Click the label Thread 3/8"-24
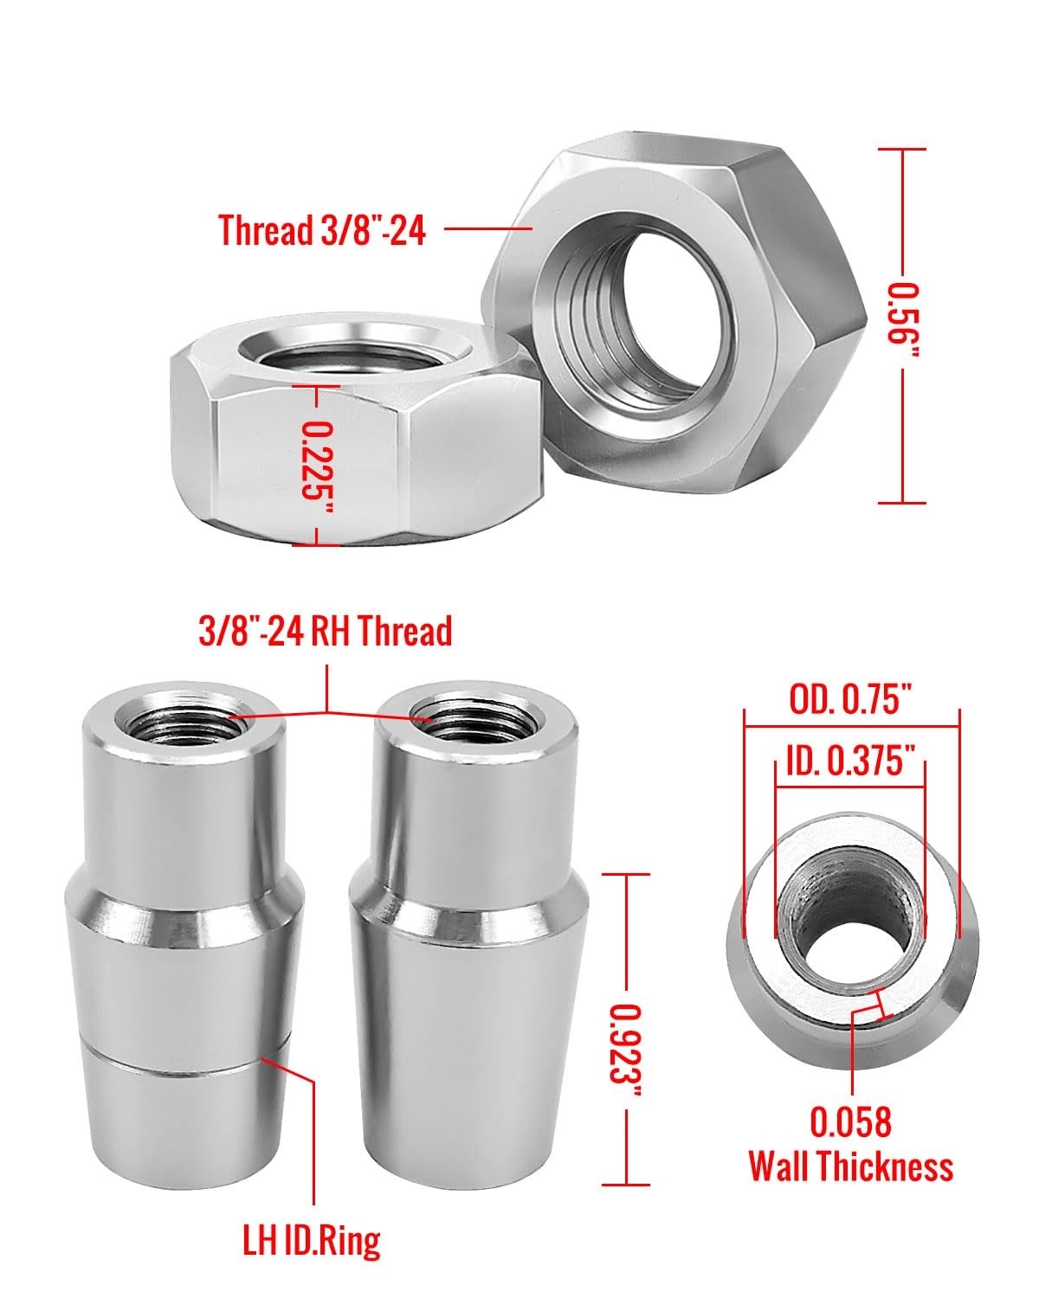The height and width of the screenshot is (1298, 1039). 322,230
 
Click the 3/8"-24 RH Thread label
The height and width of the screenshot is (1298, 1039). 325,631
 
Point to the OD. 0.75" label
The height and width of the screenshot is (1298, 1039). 850,699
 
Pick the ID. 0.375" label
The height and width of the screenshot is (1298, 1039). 850,760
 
